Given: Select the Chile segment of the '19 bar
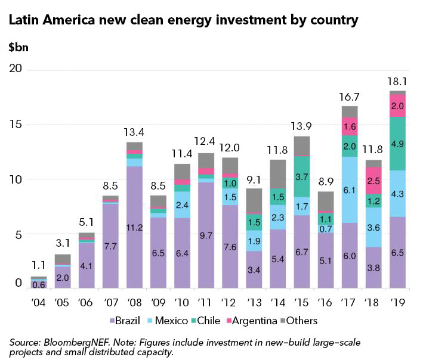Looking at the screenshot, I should (397, 144).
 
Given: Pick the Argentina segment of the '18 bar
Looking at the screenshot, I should (373, 181).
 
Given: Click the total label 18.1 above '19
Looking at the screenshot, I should (397, 80).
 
